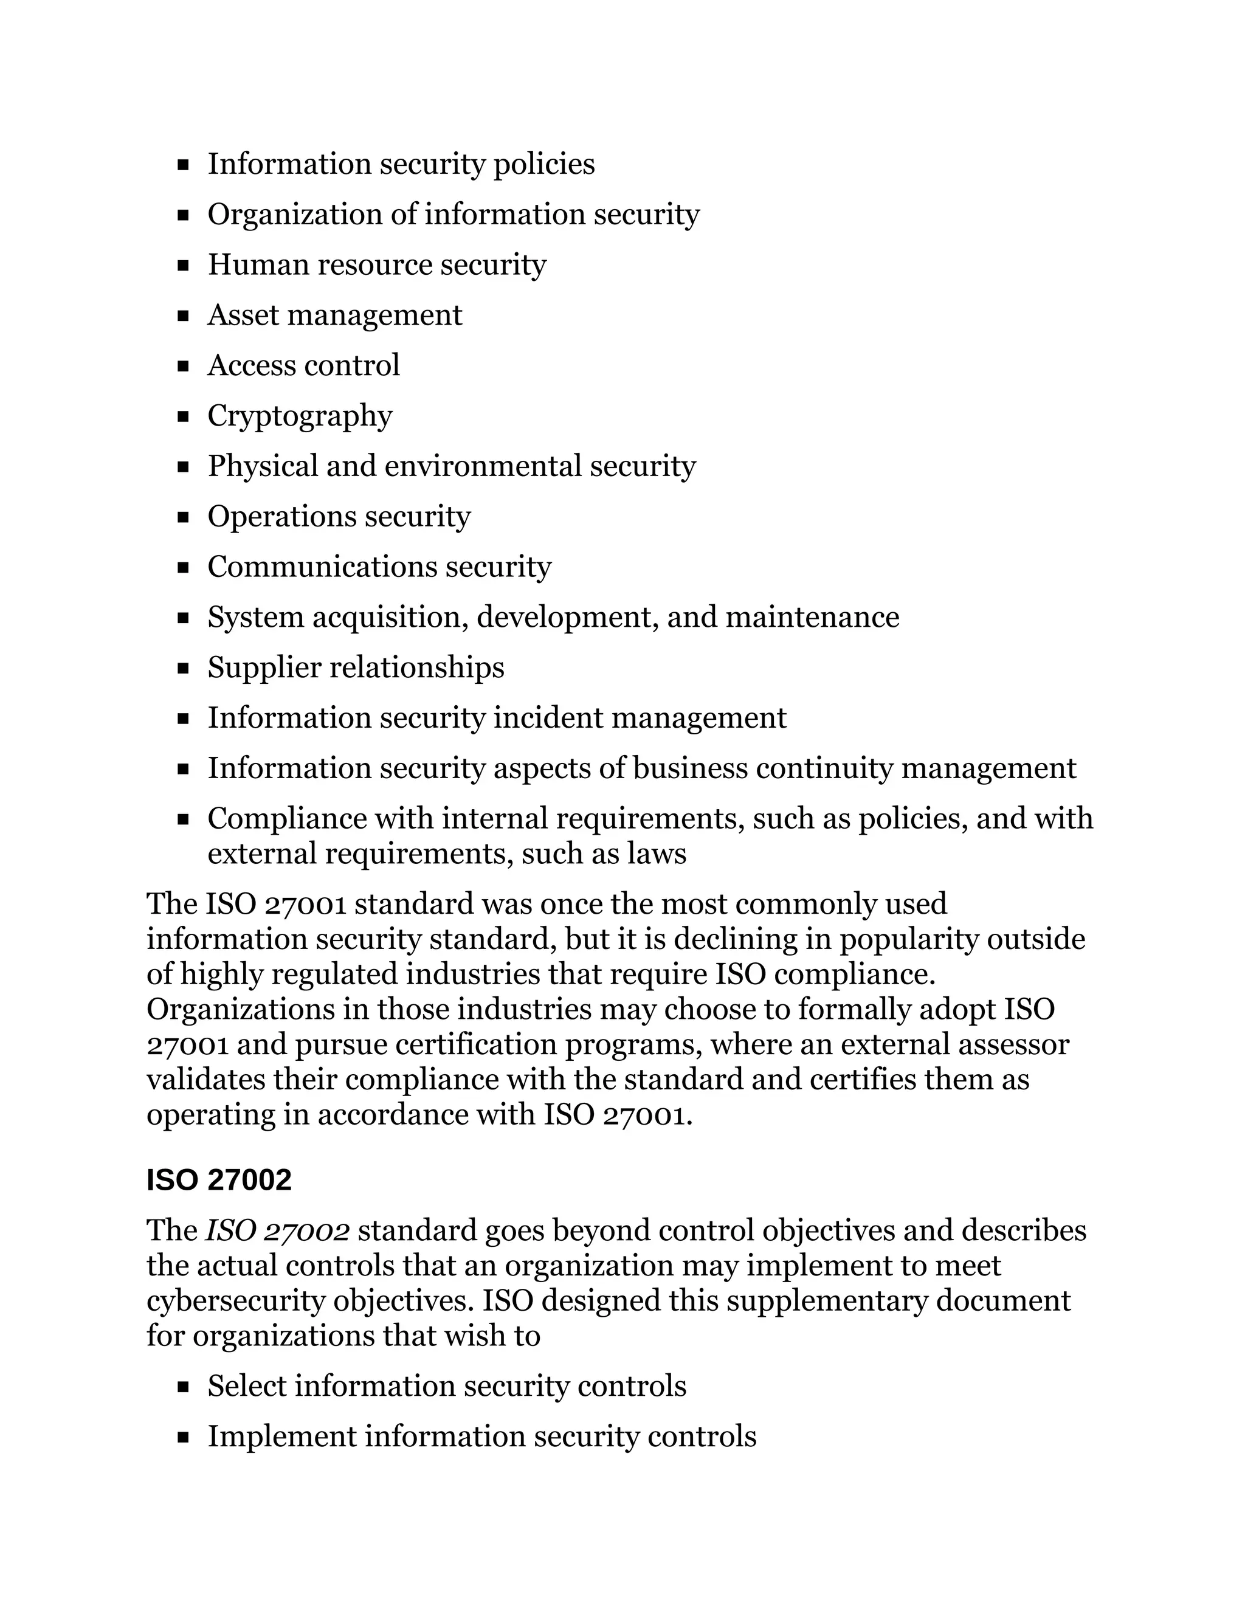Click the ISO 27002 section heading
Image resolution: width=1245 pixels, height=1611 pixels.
click(219, 1180)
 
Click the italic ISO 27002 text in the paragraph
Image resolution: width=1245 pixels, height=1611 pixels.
click(277, 1231)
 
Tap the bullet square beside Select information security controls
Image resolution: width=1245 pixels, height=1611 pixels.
click(184, 1387)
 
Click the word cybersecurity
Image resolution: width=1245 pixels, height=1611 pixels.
click(235, 1301)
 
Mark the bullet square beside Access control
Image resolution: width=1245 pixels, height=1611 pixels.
click(184, 367)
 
